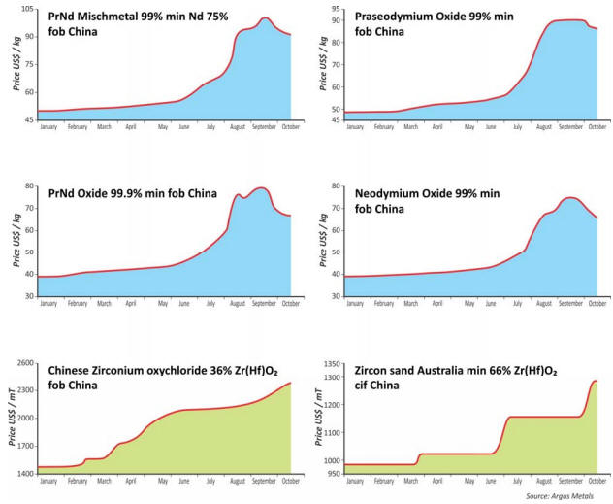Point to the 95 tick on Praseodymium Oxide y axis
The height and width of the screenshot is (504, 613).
coord(335,9)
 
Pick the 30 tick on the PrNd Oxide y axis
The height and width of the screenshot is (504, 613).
coord(28,295)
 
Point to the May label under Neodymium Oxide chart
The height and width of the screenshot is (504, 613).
coord(469,303)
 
